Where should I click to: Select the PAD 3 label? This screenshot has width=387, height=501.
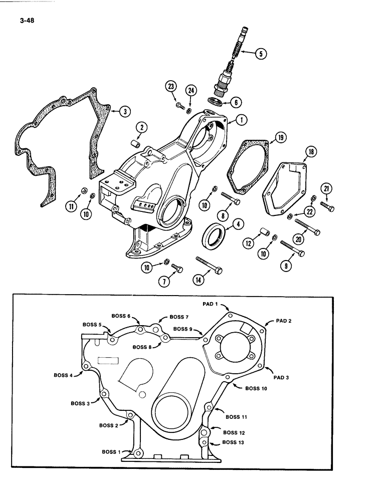coord(282,371)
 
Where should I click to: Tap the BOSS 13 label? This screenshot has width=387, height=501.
coord(233,442)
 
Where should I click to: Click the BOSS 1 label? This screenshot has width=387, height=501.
coord(112,451)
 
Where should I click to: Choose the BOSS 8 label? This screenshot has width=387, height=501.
coord(143,347)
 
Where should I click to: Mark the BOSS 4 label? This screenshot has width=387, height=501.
coord(64,375)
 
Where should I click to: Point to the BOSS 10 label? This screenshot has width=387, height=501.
coord(257,388)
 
